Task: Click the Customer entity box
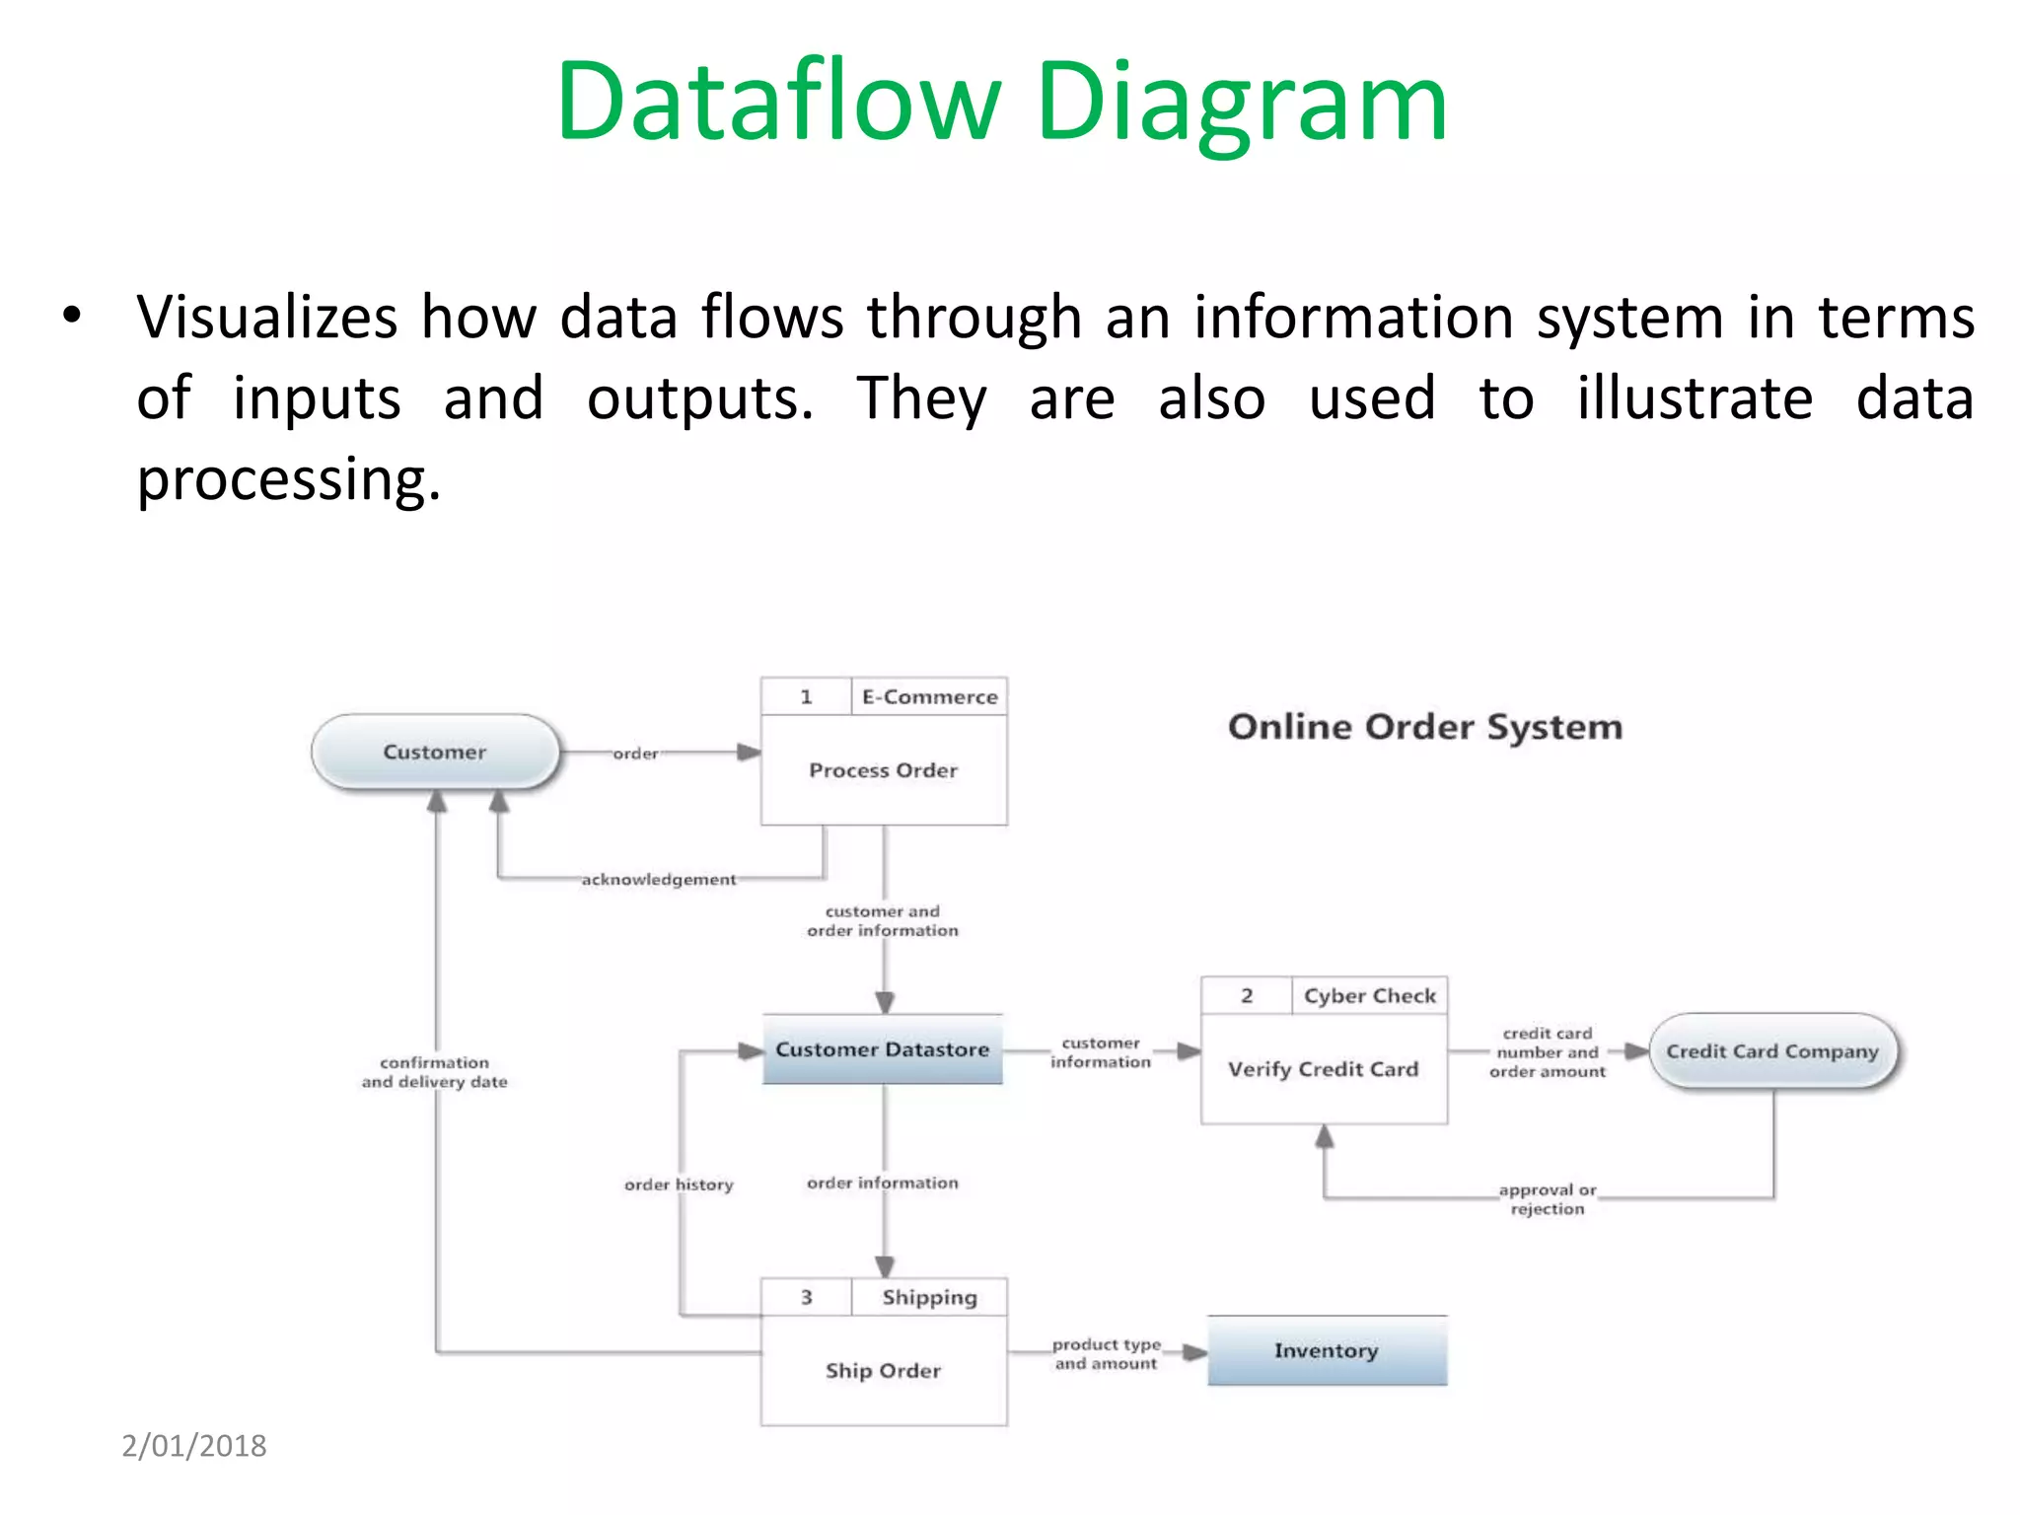[435, 753]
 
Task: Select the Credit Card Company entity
[1772, 1051]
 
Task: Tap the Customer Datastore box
[882, 1049]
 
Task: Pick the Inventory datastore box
[1327, 1350]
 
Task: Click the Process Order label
[883, 770]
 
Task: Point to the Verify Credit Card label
[1323, 1069]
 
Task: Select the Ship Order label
[883, 1371]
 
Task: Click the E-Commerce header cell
[929, 697]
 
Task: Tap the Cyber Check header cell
[1369, 996]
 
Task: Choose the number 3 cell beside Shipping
[806, 1298]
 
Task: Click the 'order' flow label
[635, 754]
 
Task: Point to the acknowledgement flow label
[658, 879]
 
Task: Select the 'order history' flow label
[679, 1185]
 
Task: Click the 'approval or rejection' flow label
[1547, 1199]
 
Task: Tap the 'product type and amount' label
[1106, 1354]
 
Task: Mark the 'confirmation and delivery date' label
[434, 1072]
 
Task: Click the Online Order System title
[1424, 727]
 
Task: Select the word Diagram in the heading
[1241, 103]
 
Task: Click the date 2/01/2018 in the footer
[194, 1446]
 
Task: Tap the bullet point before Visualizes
[71, 317]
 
